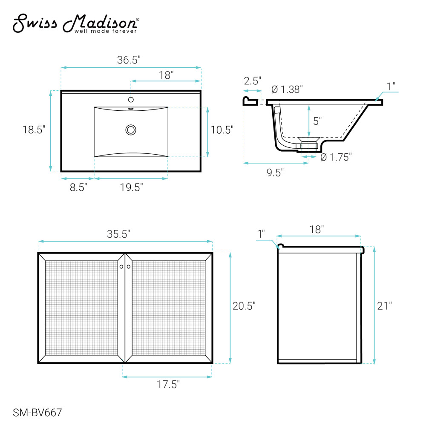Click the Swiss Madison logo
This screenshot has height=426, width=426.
tap(76, 23)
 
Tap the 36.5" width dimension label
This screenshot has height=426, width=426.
tap(129, 60)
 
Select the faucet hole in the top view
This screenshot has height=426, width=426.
tap(131, 100)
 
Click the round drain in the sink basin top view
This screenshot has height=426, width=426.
tap(131, 130)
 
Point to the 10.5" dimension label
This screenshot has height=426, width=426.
tap(222, 130)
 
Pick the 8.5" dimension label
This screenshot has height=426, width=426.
tap(78, 187)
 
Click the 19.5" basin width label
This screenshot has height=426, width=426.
tap(132, 187)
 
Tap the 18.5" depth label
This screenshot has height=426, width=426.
tap(34, 130)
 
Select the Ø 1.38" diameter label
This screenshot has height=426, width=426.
tap(287, 89)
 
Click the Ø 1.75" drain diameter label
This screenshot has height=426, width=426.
tap(336, 157)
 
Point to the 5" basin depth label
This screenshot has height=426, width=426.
tap(317, 121)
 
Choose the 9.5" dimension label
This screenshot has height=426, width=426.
tap(275, 173)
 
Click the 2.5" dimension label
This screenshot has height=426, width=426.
tap(252, 81)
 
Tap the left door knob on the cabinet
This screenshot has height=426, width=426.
tap(121, 267)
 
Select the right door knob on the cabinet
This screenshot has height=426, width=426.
tap(129, 267)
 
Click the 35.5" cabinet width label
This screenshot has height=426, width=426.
tap(118, 234)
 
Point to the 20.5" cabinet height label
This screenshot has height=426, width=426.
tap(244, 306)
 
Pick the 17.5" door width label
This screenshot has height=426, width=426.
tap(168, 384)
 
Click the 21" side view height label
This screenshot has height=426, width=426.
tap(384, 306)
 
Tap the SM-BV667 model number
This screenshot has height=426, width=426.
tap(37, 413)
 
